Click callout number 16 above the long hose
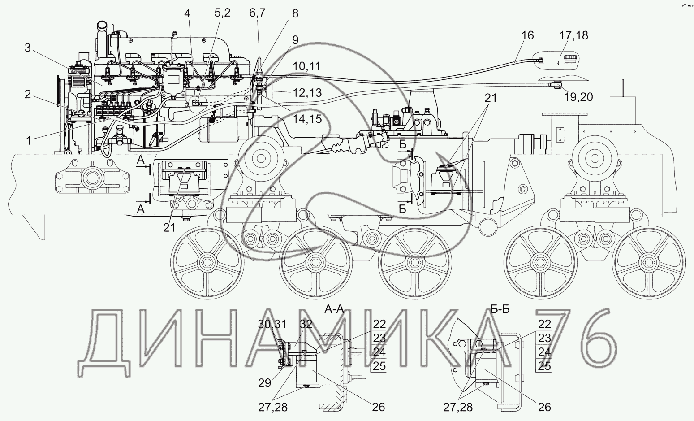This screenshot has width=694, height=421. point(528,35)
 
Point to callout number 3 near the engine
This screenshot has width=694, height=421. point(27,48)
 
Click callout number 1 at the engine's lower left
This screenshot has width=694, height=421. point(28,140)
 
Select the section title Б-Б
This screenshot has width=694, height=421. point(500,309)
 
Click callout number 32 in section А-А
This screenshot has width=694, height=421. point(306,325)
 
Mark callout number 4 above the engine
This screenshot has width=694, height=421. point(187,13)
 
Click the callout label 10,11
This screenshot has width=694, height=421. point(307,66)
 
